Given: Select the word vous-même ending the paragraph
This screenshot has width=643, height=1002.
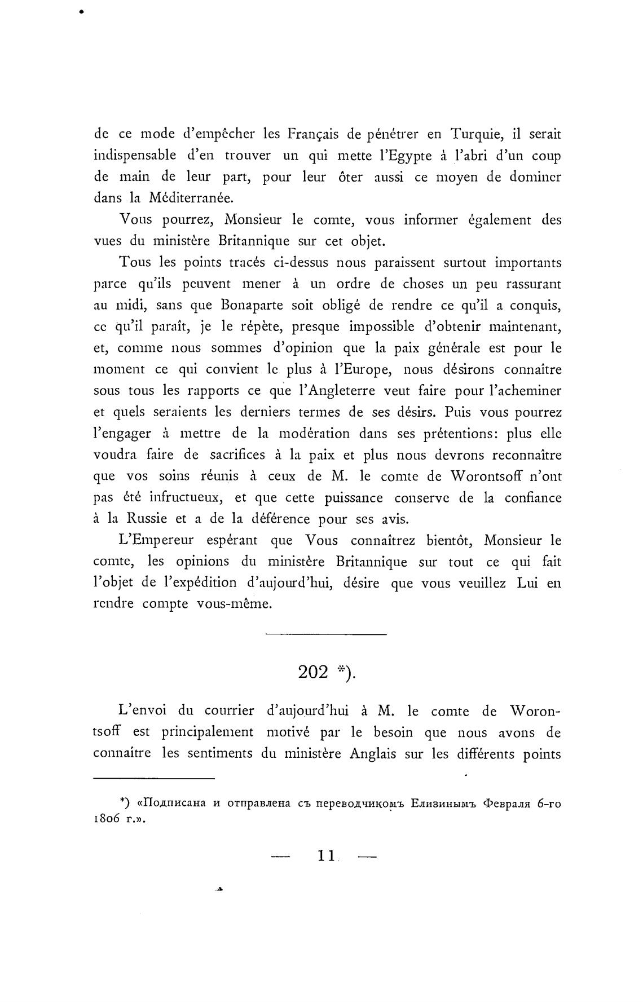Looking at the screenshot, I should (235, 604).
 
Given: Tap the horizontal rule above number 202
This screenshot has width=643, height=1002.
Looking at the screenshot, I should (325, 635).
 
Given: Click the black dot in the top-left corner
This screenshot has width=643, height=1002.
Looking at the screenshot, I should (81, 10).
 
